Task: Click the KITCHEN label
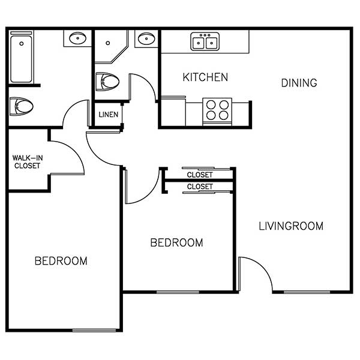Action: click(205, 77)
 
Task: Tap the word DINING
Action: click(299, 83)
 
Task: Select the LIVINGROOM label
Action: click(291, 226)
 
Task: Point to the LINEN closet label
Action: click(109, 114)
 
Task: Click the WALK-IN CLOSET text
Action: click(28, 162)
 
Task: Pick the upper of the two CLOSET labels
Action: click(200, 175)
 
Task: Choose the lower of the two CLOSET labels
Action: click(200, 187)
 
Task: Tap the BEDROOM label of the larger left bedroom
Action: click(61, 261)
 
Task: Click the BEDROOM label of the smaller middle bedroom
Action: click(176, 242)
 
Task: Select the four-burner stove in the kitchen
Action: click(217, 110)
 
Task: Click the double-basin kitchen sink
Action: click(205, 41)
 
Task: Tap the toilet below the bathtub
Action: click(22, 107)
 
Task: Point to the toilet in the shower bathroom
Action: click(109, 81)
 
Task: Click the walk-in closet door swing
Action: click(68, 155)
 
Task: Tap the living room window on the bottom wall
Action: click(307, 292)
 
